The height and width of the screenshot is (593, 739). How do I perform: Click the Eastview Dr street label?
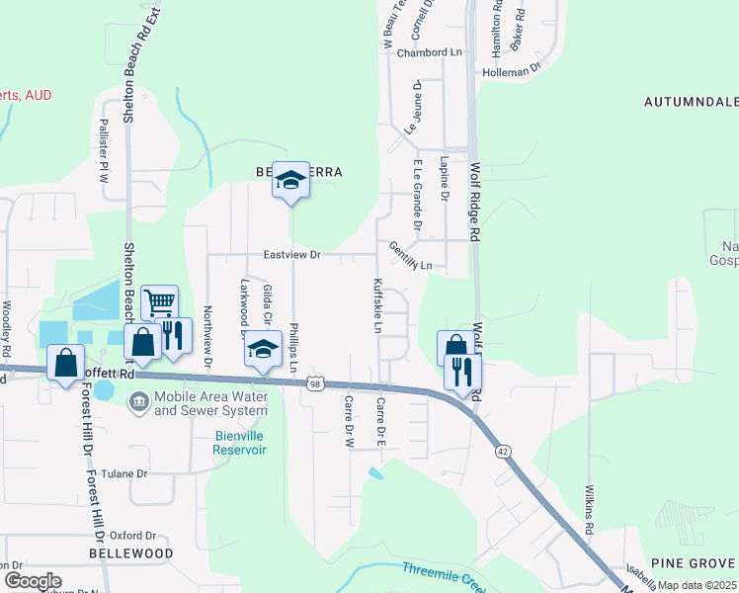click(292, 255)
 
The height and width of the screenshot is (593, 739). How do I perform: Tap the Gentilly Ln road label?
click(410, 256)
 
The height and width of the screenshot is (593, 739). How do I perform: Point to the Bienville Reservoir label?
click(240, 442)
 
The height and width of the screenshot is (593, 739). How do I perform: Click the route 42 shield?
click(503, 451)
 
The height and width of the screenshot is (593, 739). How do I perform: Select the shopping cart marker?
click(160, 302)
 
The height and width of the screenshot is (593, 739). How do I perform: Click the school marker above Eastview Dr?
click(290, 180)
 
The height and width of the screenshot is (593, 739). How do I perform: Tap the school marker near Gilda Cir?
click(263, 350)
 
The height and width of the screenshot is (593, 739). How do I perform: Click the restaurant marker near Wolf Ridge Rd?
click(461, 372)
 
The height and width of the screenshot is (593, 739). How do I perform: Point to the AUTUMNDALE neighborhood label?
click(691, 102)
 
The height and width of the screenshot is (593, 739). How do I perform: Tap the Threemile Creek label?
click(443, 574)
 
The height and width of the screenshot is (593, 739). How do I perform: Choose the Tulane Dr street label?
click(123, 473)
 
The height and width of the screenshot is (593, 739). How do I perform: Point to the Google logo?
click(33, 580)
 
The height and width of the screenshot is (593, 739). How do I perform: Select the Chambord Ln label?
click(430, 52)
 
